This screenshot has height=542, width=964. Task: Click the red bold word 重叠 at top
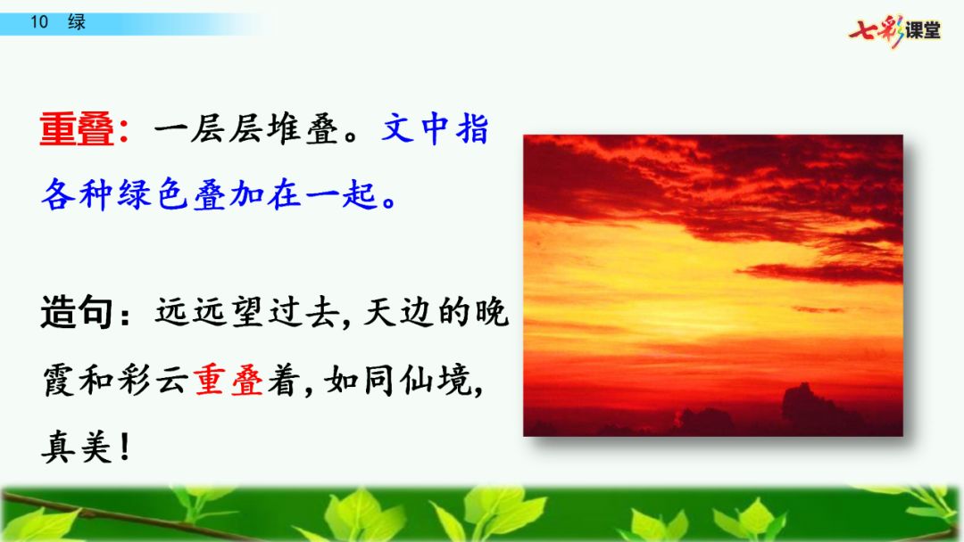coord(77,129)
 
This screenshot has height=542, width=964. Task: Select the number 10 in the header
coord(39,22)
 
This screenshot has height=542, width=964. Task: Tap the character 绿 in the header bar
coord(77,22)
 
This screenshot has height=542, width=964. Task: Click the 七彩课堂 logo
coord(895,30)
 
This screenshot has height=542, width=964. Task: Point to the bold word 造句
coord(77,312)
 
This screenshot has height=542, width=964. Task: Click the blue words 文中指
coord(436,129)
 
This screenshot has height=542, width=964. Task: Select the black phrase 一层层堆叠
coord(246,129)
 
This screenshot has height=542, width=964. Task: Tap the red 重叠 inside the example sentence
coord(229,381)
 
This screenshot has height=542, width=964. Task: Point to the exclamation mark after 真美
coord(125,447)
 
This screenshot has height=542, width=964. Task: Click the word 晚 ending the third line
coord(492,312)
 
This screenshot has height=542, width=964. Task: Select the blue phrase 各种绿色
coord(114,194)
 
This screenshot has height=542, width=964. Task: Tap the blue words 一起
coord(341,194)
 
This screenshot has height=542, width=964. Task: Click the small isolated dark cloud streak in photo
coord(818,309)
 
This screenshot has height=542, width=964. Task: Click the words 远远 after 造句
coord(191,312)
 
